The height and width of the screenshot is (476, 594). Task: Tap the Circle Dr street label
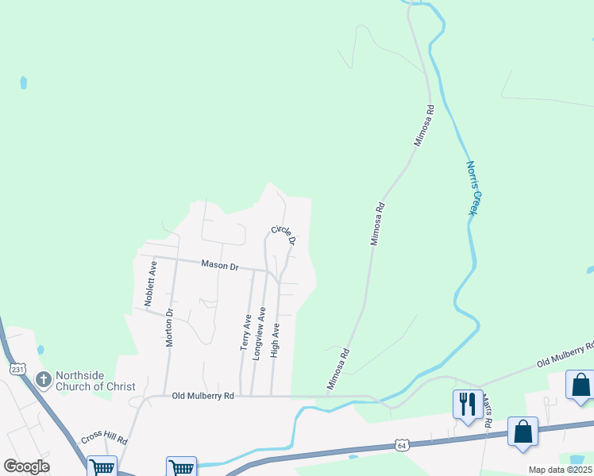(283, 235)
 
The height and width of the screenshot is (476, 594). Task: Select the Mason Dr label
(220, 266)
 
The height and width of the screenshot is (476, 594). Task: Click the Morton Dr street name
(168, 327)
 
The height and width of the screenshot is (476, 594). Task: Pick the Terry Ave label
(245, 332)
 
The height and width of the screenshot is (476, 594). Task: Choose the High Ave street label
(275, 340)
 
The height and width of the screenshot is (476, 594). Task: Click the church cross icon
(44, 381)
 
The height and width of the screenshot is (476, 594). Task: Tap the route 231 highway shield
(17, 369)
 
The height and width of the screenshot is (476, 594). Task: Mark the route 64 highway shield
(404, 446)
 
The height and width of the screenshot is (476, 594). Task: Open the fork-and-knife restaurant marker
(465, 404)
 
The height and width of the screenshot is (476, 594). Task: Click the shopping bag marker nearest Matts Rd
(523, 432)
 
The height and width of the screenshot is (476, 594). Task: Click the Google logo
(26, 466)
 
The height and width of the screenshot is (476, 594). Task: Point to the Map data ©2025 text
(559, 470)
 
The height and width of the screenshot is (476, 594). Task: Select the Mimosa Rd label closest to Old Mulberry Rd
(338, 371)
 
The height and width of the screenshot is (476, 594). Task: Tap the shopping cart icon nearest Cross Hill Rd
(102, 467)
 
